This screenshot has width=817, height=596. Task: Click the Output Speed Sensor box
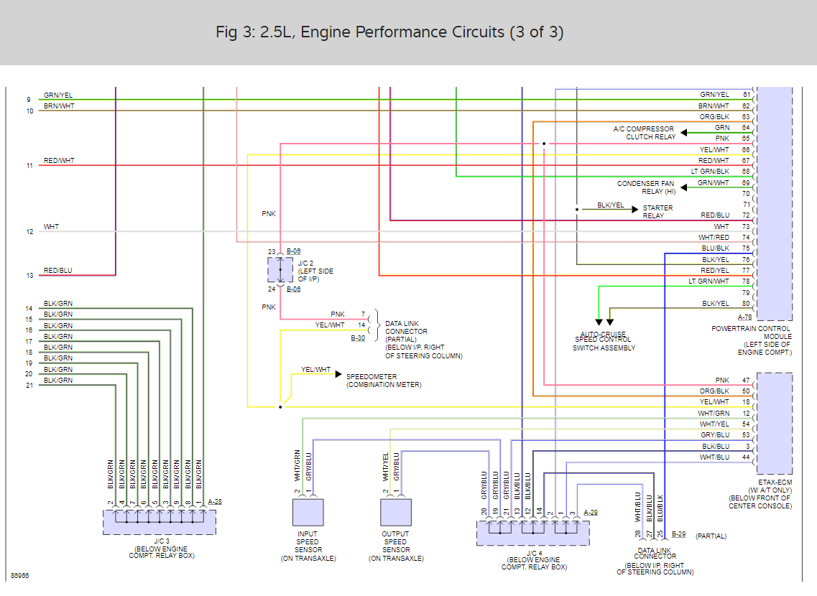coord(396,513)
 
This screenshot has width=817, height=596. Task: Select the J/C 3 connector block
coord(159,521)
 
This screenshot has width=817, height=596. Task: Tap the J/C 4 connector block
coord(532,533)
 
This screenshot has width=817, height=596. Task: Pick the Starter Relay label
coord(657,212)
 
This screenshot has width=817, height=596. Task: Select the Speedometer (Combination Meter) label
coord(383,381)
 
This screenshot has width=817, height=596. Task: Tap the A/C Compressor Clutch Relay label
coord(644,133)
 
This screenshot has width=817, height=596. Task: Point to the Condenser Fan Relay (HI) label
coord(646,187)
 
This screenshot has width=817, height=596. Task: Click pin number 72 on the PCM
coord(747,215)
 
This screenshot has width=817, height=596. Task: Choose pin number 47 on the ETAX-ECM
coord(747,380)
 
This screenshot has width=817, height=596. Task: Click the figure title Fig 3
coord(389,32)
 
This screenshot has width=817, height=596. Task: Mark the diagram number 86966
coord(20,576)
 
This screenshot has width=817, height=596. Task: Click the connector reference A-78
coord(744,317)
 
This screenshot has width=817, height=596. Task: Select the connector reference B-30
coord(358,337)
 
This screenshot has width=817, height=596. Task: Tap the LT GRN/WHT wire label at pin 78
coord(708,281)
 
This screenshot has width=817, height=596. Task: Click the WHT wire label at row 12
coord(51,227)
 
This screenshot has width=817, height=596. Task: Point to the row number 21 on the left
coord(29,386)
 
